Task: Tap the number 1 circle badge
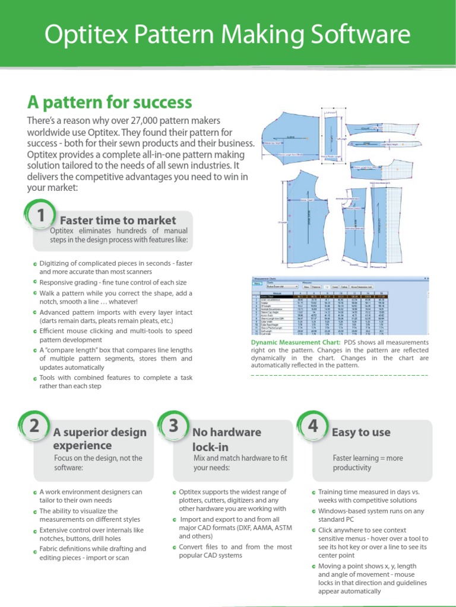[39, 217]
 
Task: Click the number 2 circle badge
[34, 426]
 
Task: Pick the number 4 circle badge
[312, 426]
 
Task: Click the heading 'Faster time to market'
[122, 221]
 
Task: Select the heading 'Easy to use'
[361, 432]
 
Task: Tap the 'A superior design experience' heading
[99, 439]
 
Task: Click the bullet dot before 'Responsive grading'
[35, 283]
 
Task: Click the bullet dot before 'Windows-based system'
[313, 511]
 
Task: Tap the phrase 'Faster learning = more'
[368, 458]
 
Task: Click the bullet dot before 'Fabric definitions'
[35, 550]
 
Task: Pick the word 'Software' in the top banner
[360, 34]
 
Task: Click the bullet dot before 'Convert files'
[174, 547]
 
